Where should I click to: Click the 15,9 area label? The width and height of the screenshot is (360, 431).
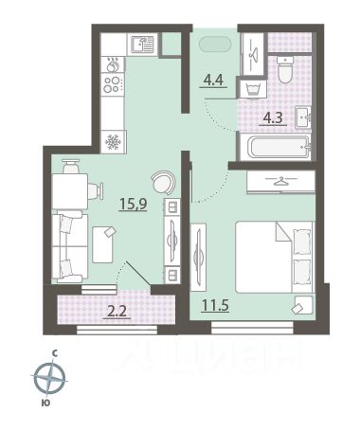(x=134, y=204)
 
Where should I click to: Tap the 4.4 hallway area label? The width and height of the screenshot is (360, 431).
(x=213, y=81)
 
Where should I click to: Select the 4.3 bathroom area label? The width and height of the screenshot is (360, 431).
(x=273, y=118)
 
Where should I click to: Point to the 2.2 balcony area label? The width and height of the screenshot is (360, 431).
(x=117, y=312)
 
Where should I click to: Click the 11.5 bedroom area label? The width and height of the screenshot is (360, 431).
(x=215, y=305)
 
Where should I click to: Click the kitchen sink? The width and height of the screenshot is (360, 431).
(x=142, y=45)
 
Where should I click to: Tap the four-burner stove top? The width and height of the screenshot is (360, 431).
(x=113, y=84)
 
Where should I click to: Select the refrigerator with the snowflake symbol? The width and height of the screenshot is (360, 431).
(x=113, y=142)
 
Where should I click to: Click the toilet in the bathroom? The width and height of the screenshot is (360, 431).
(x=285, y=69)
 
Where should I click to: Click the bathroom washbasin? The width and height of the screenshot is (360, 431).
(x=303, y=117)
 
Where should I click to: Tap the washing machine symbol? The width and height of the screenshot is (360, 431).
(x=253, y=89)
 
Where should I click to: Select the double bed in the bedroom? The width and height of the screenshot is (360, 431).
(x=274, y=257)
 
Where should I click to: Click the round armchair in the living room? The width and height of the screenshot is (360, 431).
(x=163, y=182)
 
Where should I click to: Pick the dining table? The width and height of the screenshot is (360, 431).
(x=69, y=191)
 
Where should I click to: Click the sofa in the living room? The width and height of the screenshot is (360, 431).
(x=69, y=246)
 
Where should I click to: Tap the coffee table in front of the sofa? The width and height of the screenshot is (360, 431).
(x=102, y=244)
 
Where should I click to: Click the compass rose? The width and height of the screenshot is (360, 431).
(x=49, y=378)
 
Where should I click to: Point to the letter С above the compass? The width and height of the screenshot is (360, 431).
(x=54, y=353)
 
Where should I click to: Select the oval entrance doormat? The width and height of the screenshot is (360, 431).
(x=215, y=45)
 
